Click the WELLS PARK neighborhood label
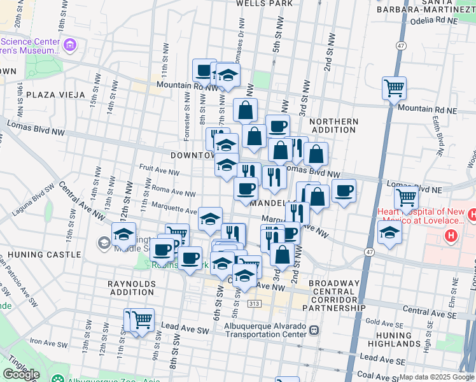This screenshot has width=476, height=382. click(x=264, y=3)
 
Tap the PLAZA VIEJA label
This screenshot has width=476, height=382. click(x=55, y=95)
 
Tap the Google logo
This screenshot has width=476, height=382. click(x=21, y=374)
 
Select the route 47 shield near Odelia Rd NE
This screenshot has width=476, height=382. click(x=400, y=46)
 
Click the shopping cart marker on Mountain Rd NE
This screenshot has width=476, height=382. click(x=394, y=87)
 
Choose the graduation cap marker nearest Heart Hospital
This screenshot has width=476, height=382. click(x=389, y=232)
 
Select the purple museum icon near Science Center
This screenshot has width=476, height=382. click(x=69, y=45)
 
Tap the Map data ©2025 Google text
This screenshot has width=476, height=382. click(x=436, y=377)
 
